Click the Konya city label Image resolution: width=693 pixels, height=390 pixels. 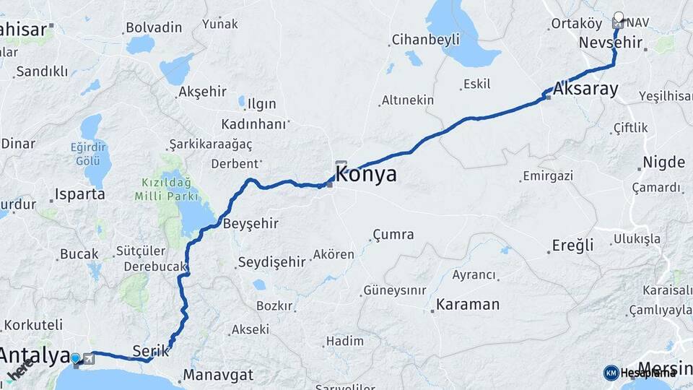pyautogui.click(x=366, y=174)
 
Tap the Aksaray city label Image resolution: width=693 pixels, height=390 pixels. pyautogui.click(x=586, y=90)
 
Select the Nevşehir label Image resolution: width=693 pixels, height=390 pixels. pyautogui.click(x=609, y=43)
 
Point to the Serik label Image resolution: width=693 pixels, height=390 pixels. pyautogui.click(x=151, y=351)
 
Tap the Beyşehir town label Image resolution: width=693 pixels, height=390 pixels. pyautogui.click(x=250, y=223)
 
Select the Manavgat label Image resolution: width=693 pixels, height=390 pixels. pyautogui.click(x=218, y=375)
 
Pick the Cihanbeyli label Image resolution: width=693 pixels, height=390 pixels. pyautogui.click(x=425, y=40)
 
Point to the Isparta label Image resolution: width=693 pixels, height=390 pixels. pyautogui.click(x=79, y=194)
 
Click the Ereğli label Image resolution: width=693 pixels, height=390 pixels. pyautogui.click(x=572, y=245)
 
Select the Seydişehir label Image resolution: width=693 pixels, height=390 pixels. pyautogui.click(x=271, y=262)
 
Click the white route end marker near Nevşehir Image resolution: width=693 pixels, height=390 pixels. pyautogui.click(x=619, y=16)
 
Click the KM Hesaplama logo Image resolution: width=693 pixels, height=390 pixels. pyautogui.click(x=640, y=373)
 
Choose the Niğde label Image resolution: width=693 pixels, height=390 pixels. pyautogui.click(x=666, y=162)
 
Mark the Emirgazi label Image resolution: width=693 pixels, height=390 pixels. pyautogui.click(x=547, y=176)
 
